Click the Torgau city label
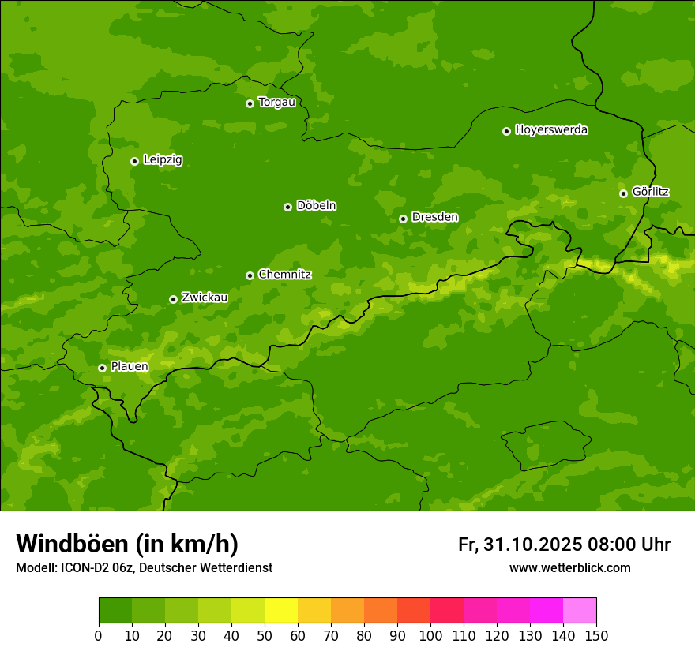click(276, 103)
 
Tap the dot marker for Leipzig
click(134, 161)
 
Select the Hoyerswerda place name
click(551, 130)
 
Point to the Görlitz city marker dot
click(623, 193)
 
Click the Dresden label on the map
click(434, 218)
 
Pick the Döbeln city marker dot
click(287, 207)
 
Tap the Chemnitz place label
click(284, 275)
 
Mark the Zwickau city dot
click(173, 299)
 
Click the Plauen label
click(130, 367)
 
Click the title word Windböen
click(73, 545)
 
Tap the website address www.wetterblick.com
click(569, 568)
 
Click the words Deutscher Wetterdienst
click(205, 568)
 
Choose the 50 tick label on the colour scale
click(265, 635)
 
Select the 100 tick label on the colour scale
click(430, 635)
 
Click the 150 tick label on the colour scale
click(596, 635)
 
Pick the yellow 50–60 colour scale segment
click(281, 611)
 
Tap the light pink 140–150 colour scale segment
click(580, 611)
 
